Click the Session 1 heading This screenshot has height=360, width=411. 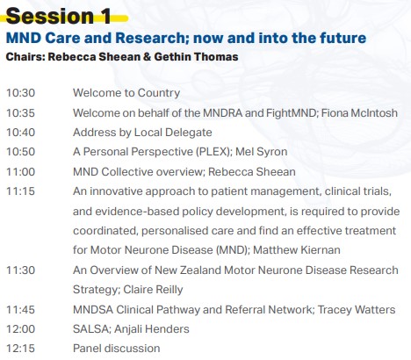[59, 16]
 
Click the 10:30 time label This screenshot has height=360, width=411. [20, 93]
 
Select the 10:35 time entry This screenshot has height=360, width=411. [20, 113]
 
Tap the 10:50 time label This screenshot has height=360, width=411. [20, 152]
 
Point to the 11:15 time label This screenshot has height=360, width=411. [20, 191]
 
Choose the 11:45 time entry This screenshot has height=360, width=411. [20, 310]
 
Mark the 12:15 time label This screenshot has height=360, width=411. [20, 349]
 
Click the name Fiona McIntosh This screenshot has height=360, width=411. [359, 113]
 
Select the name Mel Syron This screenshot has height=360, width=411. [262, 152]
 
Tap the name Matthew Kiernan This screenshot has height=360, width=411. [297, 250]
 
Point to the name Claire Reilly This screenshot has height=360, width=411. [153, 290]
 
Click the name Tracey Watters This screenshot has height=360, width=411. [357, 310]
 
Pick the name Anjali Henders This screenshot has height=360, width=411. [152, 329]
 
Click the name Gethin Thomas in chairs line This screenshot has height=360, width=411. [196, 57]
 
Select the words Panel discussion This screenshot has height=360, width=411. [117, 349]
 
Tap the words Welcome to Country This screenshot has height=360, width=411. [126, 93]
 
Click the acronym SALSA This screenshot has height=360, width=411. [90, 329]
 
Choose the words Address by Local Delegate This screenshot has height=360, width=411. [142, 133]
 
